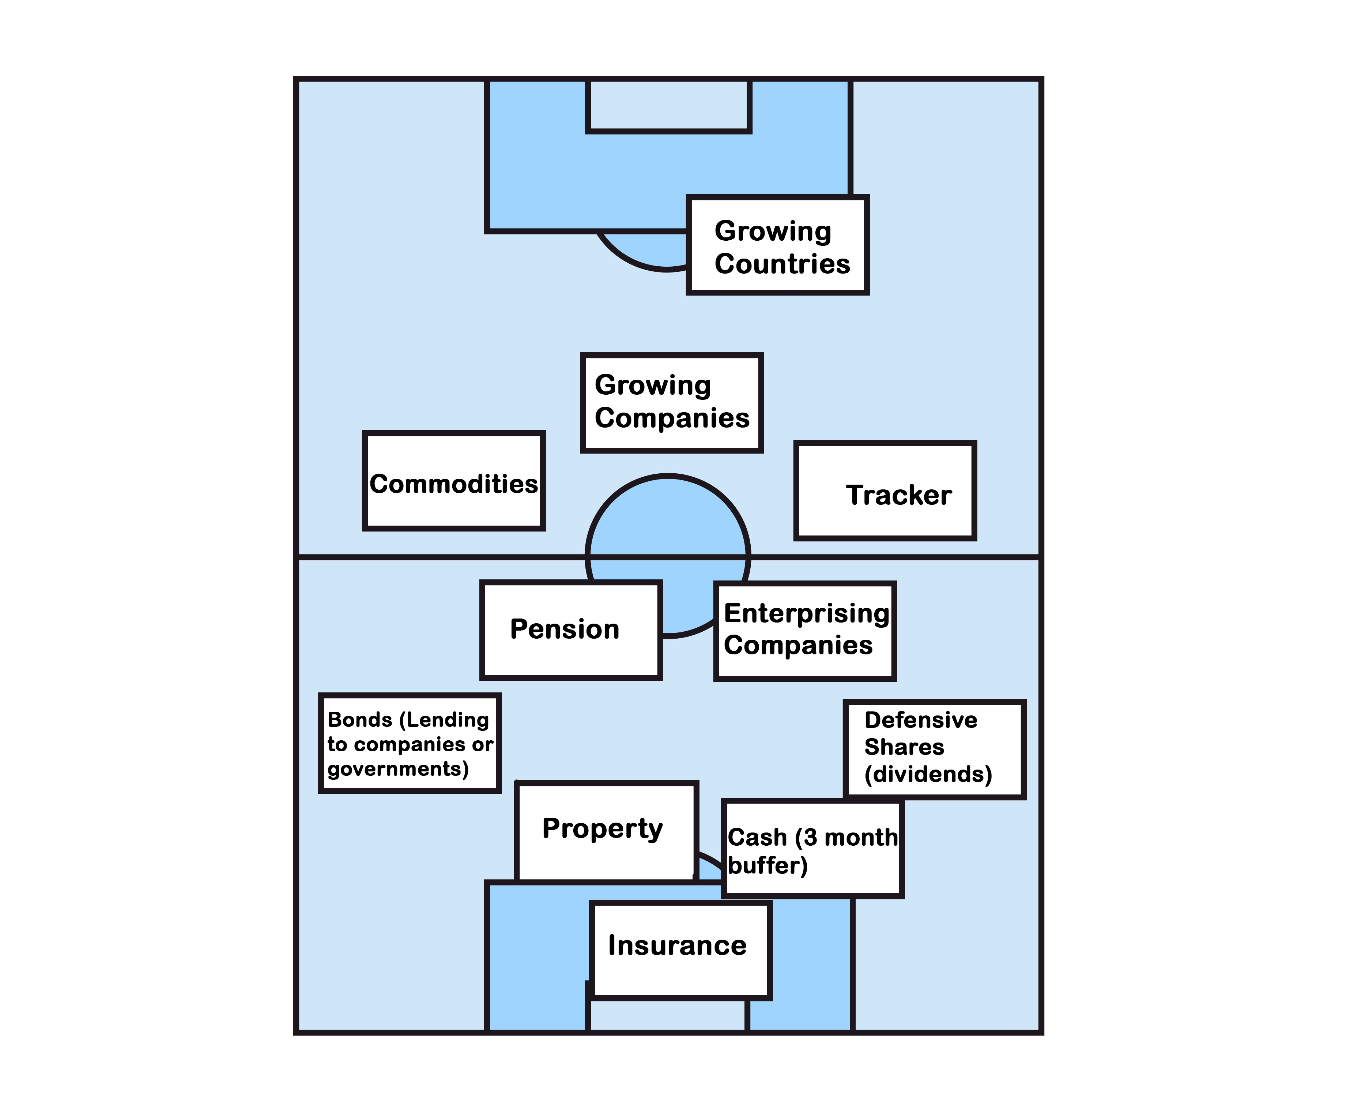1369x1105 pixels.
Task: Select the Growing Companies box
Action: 672,402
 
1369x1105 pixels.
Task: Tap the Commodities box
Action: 453,481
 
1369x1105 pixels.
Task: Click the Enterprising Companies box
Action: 805,631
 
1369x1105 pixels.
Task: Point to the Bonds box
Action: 410,743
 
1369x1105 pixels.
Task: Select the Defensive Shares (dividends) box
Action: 934,749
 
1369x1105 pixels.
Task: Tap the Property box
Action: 606,831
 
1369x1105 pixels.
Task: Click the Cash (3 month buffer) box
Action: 812,849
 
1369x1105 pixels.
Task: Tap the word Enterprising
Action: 806,614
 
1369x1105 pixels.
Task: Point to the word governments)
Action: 398,769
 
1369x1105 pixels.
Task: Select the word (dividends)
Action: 928,774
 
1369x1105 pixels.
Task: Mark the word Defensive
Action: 920,720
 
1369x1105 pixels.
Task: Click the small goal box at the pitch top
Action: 668,105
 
